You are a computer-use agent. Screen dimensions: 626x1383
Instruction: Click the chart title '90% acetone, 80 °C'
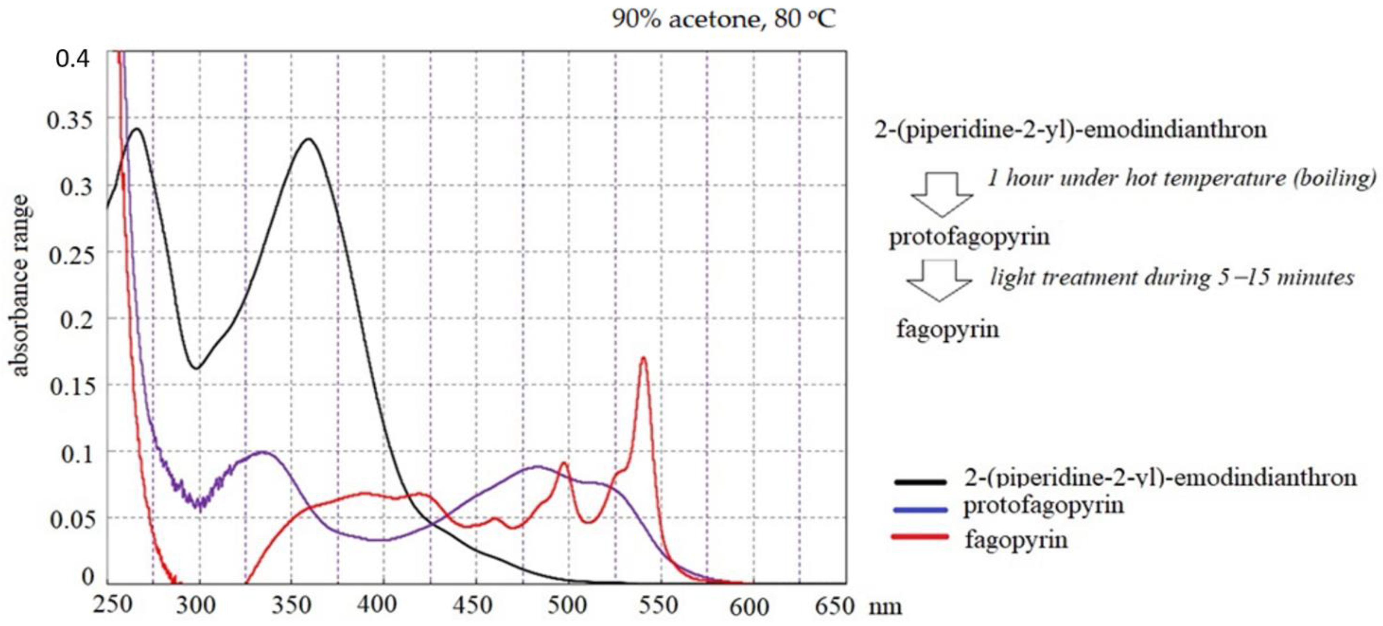coord(724,20)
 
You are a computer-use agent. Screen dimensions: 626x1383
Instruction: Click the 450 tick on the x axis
coord(473,605)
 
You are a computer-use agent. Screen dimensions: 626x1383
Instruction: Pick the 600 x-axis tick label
coord(749,607)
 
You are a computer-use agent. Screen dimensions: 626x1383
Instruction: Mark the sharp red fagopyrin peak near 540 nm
coord(643,358)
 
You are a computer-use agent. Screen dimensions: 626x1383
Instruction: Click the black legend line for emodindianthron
coord(920,482)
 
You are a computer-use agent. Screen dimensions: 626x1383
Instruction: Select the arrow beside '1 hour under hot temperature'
coord(942,194)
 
